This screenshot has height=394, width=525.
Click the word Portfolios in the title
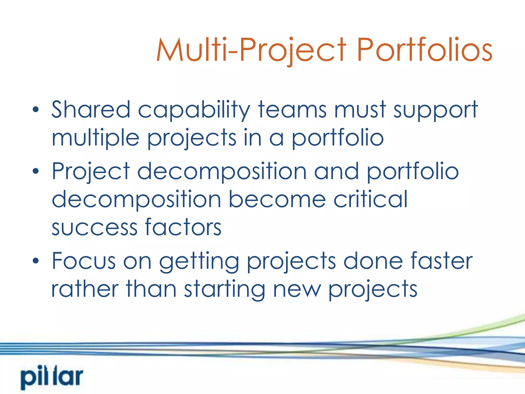[x=424, y=50]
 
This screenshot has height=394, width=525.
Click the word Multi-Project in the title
[x=251, y=50]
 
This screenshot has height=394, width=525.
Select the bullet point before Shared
[x=36, y=110]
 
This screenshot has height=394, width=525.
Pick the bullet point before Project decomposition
[x=36, y=171]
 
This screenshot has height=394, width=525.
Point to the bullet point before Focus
[x=36, y=261]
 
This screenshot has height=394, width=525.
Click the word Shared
[x=91, y=110]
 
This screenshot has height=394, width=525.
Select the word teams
[x=292, y=110]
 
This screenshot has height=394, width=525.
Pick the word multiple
[x=95, y=139]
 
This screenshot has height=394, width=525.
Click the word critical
[x=370, y=199]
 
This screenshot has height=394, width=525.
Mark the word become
[x=277, y=199]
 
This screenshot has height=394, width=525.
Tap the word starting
[x=225, y=290]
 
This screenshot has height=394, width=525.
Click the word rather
[x=85, y=289]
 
